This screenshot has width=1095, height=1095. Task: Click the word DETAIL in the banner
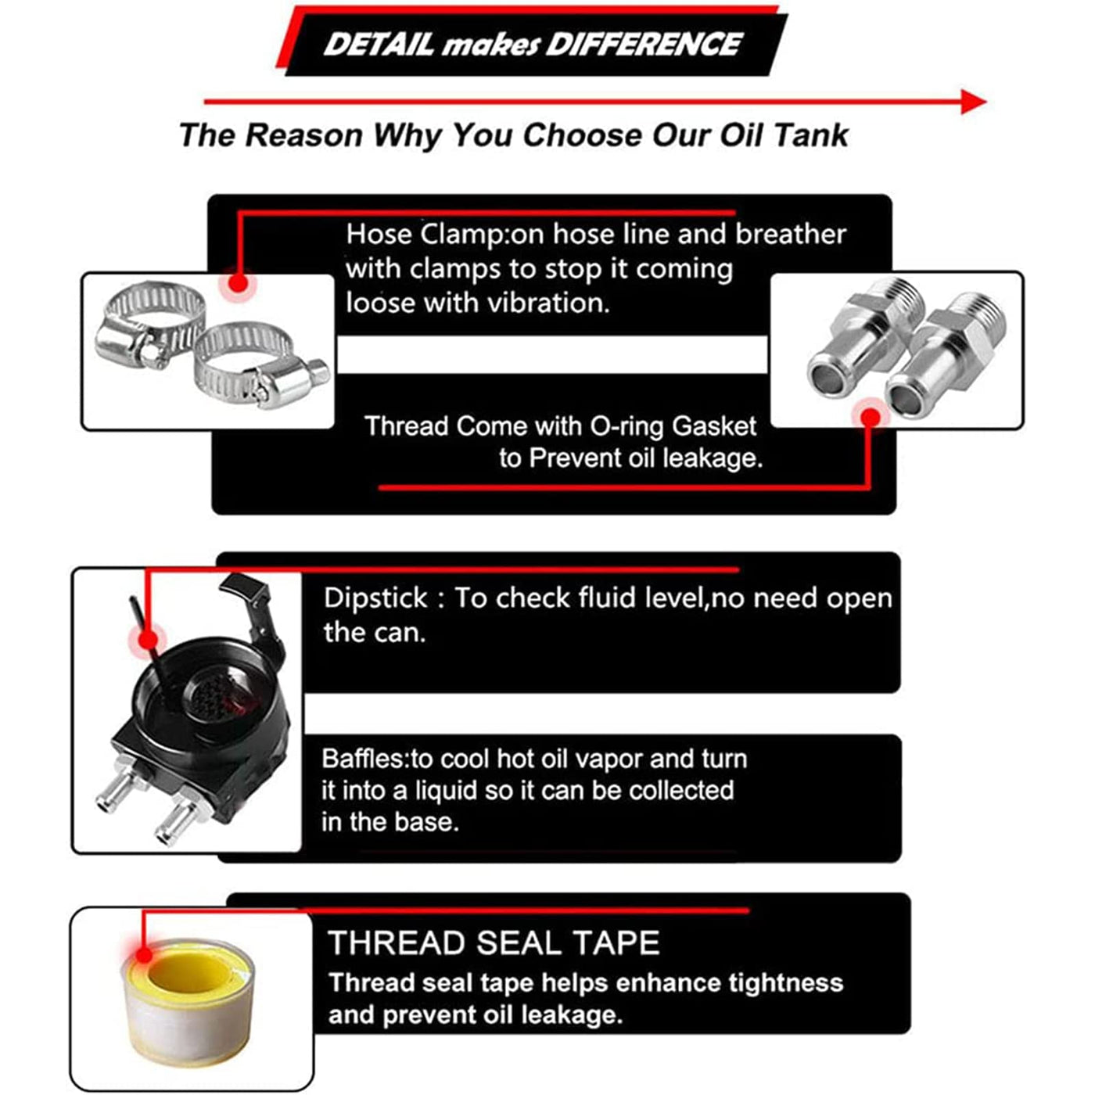pos(379,45)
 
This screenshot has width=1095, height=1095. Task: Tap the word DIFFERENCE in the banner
pos(644,45)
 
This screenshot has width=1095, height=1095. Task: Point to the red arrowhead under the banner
pos(974,102)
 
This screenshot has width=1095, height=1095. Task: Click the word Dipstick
pos(375,598)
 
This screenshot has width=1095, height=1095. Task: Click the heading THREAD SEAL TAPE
pos(494,942)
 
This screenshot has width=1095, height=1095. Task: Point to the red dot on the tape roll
pos(145,955)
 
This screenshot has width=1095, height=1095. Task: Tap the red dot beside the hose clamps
pos(239,283)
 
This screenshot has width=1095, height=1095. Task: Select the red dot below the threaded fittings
pos(871,418)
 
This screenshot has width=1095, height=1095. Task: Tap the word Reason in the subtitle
pos(304,135)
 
